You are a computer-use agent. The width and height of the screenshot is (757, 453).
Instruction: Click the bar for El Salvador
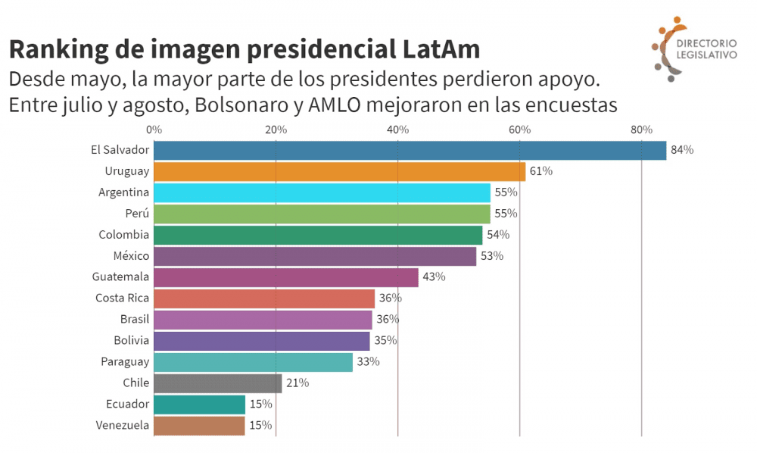pyautogui.click(x=410, y=150)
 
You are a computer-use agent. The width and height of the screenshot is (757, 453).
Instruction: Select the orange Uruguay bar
pyautogui.click(x=339, y=171)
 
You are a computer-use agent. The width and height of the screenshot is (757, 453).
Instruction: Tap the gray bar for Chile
pyautogui.click(x=217, y=383)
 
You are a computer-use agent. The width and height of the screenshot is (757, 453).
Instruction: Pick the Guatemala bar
pyautogui.click(x=285, y=277)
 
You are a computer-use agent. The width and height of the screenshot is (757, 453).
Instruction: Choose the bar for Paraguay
pyautogui.click(x=253, y=362)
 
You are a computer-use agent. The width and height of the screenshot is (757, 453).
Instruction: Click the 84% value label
pyautogui.click(x=682, y=150)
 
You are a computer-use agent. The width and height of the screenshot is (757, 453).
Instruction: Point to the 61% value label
pyautogui.click(x=540, y=171)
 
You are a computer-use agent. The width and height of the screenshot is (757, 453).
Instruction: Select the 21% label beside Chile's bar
pyautogui.click(x=298, y=383)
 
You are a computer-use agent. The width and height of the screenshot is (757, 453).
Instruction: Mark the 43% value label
pyautogui.click(x=434, y=277)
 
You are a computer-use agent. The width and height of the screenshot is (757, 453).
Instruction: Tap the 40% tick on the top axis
pyautogui.click(x=398, y=130)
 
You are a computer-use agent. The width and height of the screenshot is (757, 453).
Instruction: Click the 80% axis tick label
pyautogui.click(x=641, y=130)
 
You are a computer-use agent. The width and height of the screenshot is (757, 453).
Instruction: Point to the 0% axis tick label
pyautogui.click(x=154, y=130)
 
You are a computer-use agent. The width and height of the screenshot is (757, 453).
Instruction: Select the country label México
pyautogui.click(x=131, y=256)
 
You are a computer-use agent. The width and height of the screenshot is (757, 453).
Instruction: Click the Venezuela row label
pyautogui.click(x=123, y=426)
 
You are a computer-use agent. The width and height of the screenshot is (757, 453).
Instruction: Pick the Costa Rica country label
pyautogui.click(x=122, y=298)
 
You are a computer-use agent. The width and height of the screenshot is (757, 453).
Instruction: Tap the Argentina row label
pyautogui.click(x=123, y=192)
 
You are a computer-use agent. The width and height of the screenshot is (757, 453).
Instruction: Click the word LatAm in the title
pyautogui.click(x=438, y=50)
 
